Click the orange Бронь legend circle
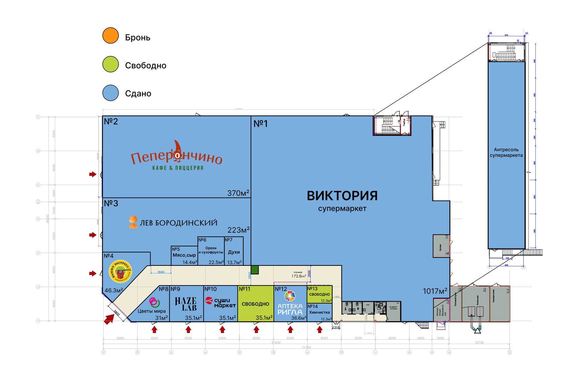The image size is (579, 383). click(x=111, y=36)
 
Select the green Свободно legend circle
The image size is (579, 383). click(x=111, y=64)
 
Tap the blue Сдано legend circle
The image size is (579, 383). click(x=111, y=93)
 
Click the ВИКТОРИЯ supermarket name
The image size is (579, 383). click(x=342, y=196)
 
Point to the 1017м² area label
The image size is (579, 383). click(x=435, y=291)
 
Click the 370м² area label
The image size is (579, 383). click(x=238, y=193)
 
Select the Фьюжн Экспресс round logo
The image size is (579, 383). click(x=120, y=271)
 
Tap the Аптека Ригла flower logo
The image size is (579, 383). click(x=290, y=296)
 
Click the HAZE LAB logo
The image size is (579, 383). click(x=186, y=304)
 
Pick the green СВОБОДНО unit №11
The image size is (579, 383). click(x=255, y=304)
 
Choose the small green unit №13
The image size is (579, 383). click(x=319, y=294)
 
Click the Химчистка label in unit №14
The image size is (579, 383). click(x=319, y=312)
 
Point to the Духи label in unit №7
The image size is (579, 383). click(x=234, y=252)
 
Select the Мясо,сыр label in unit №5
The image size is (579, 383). click(x=184, y=255)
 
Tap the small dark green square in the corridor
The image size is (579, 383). click(x=255, y=270)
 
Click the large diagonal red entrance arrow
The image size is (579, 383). click(x=109, y=319)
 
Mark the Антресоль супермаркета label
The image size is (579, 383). click(x=506, y=152)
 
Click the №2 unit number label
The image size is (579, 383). click(x=111, y=121)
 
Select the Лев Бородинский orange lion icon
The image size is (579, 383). click(x=133, y=222)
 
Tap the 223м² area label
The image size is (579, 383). click(x=238, y=230)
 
